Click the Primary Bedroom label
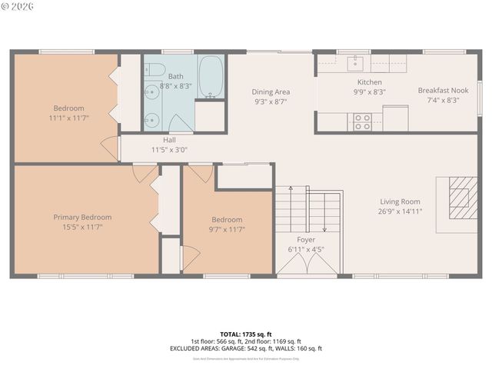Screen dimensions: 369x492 (82, 218)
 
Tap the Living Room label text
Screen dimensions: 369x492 (400, 201)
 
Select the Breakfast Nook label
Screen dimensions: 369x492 (438, 90)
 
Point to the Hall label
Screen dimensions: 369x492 (168, 140)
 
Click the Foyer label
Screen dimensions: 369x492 (306, 239)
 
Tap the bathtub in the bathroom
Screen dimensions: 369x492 (211, 77)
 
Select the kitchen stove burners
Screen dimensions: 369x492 (361, 121)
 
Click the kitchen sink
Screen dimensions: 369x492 (356, 61)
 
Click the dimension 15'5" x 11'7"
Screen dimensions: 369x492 (82, 228)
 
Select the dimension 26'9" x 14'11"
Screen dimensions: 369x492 (400, 211)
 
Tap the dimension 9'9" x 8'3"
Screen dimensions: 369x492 (369, 92)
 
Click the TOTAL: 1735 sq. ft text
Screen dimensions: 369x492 (246, 334)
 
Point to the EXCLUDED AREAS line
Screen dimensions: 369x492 (246, 348)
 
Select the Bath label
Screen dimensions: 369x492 (175, 76)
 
